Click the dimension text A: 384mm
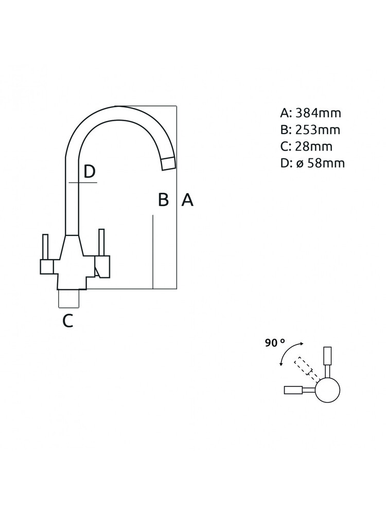click(x=310, y=113)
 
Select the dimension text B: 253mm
click(x=310, y=130)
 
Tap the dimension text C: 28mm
click(x=306, y=146)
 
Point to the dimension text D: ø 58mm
click(x=312, y=163)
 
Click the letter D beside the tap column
click(x=89, y=171)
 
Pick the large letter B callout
click(x=163, y=199)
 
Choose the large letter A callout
click(x=187, y=199)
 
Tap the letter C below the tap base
click(x=68, y=321)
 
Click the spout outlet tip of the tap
click(x=169, y=163)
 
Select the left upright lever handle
click(x=45, y=247)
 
